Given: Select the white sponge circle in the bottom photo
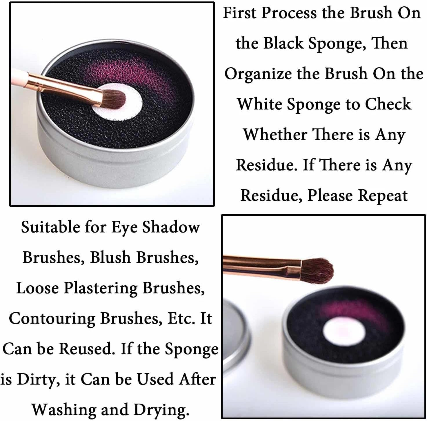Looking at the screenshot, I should (x=344, y=331).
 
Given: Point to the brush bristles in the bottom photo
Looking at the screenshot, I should (x=317, y=271).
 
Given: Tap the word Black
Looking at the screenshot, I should (x=283, y=43).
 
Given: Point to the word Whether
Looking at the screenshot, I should (x=275, y=135).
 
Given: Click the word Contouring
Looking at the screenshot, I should (x=52, y=319).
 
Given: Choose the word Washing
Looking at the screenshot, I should (x=64, y=410).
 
